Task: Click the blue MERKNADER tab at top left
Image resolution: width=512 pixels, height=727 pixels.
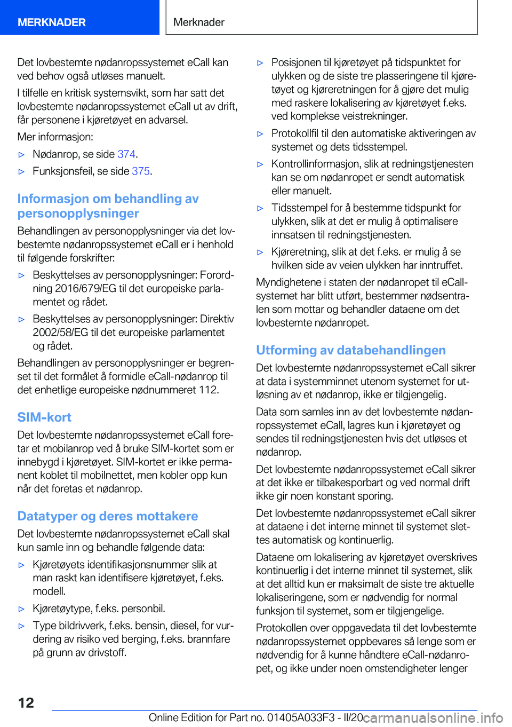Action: tap(52, 22)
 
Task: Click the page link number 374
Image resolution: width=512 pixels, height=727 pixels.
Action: tap(126, 154)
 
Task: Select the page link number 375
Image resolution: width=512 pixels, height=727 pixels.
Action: tap(141, 171)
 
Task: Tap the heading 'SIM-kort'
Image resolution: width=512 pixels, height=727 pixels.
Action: tap(44, 417)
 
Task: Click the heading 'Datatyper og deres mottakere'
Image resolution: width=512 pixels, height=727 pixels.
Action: tap(108, 516)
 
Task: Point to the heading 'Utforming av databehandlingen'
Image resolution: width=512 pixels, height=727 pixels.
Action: tap(351, 350)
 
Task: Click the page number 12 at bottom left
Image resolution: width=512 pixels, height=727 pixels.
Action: tap(26, 702)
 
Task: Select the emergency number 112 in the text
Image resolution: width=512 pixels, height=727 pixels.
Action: tap(208, 390)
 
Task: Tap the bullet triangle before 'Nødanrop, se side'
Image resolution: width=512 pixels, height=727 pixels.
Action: tap(22, 155)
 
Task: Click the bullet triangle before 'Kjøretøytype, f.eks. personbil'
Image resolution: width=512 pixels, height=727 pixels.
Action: tap(22, 609)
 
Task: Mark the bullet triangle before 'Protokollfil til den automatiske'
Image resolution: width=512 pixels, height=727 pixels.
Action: tap(260, 134)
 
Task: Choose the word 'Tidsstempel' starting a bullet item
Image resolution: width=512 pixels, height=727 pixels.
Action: tap(299, 208)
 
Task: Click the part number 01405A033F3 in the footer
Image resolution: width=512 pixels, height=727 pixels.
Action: tap(301, 717)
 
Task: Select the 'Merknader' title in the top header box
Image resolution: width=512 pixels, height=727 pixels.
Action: tap(199, 22)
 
